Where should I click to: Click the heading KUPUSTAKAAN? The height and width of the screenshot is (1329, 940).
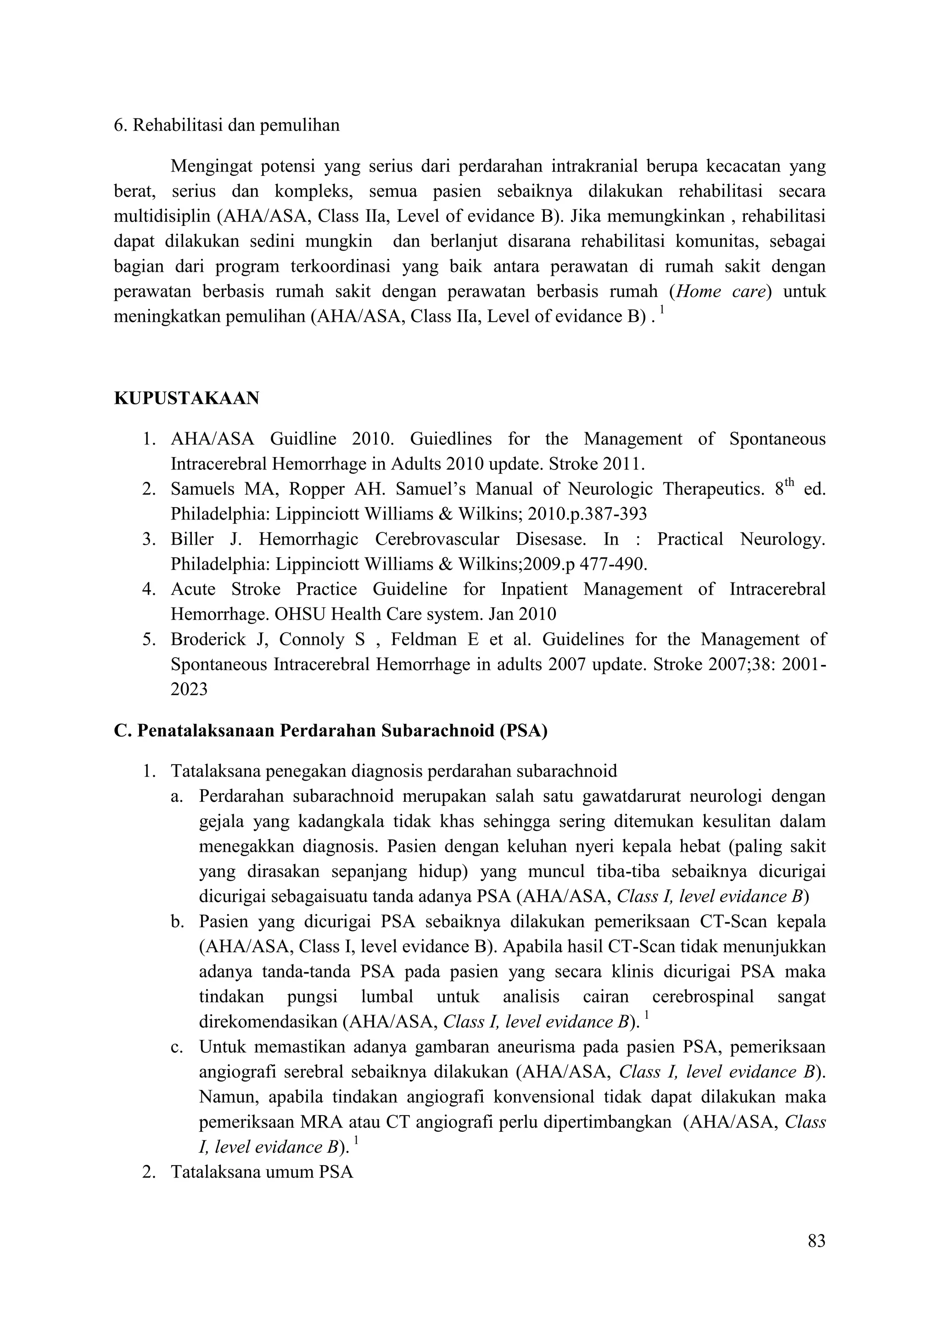tap(186, 399)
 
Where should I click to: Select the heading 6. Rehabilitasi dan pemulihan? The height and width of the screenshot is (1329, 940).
tap(226, 126)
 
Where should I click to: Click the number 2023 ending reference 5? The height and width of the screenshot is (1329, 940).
tap(189, 689)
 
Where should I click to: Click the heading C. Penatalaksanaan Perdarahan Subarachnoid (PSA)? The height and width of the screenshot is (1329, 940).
tap(330, 731)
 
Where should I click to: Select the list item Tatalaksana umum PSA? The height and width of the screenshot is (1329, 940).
tap(262, 1173)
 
